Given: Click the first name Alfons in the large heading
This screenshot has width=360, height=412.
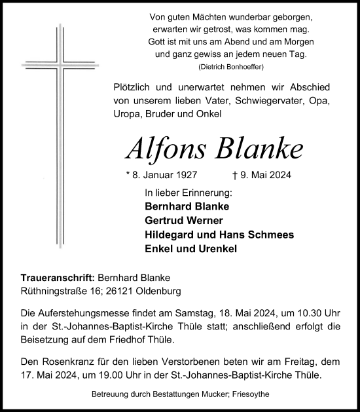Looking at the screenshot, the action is click(169, 149).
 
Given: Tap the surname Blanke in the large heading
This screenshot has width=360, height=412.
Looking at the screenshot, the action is click(262, 149).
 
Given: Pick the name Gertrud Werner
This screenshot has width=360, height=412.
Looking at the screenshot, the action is click(184, 219).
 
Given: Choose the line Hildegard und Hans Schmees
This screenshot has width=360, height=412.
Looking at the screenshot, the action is click(219, 234).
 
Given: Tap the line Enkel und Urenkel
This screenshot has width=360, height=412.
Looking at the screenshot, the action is click(190, 249).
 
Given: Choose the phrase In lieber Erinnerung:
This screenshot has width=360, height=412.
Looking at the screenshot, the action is click(189, 193).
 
